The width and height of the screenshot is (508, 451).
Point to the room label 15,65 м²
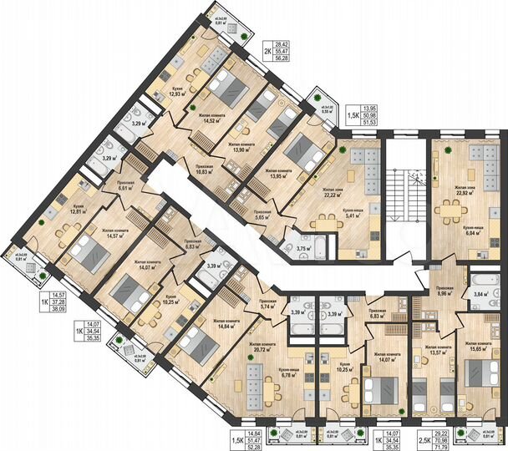point(476,348)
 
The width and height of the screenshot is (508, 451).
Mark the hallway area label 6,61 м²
point(126,188)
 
